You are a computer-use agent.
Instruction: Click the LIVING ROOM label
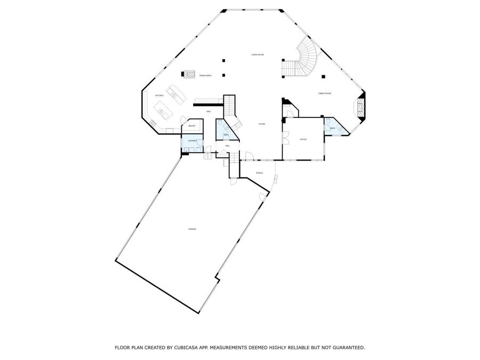pyautogui.click(x=258, y=55)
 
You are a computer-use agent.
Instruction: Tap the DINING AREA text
pyautogui.click(x=205, y=76)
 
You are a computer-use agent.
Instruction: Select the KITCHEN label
pyautogui.click(x=159, y=95)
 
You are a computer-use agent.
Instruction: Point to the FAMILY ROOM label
pyautogui.click(x=325, y=93)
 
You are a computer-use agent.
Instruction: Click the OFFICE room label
pyautogui.click(x=303, y=139)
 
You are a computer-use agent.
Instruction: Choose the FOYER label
pyautogui.click(x=262, y=124)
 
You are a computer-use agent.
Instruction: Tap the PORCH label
pyautogui.click(x=259, y=173)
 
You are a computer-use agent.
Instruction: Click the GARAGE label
pyautogui.click(x=192, y=229)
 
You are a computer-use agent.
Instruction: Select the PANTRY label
pyautogui.click(x=192, y=126)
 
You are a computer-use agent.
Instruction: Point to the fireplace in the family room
pyautogui.click(x=361, y=106)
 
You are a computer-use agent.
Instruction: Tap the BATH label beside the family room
pyautogui.click(x=332, y=129)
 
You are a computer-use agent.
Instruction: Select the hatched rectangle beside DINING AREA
pyautogui.click(x=189, y=74)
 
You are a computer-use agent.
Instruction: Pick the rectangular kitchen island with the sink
pyautogui.click(x=162, y=111)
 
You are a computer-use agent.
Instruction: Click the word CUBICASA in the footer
pyautogui.click(x=186, y=347)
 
